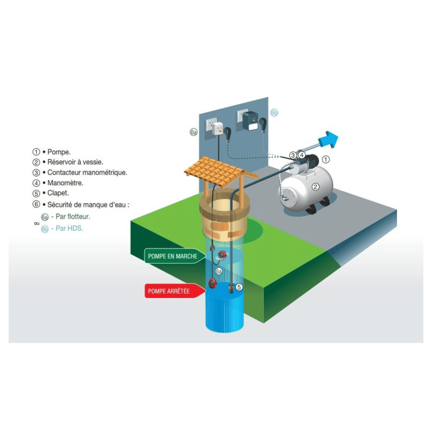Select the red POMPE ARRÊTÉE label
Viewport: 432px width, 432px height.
coord(175,291)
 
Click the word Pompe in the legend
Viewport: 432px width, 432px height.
coord(59,152)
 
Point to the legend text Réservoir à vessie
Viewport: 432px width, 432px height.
coord(75,162)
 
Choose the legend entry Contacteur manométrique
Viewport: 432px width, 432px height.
coord(87,172)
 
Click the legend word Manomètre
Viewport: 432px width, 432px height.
coord(65,183)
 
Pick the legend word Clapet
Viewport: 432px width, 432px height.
coord(58,193)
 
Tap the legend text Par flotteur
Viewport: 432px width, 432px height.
coord(73,216)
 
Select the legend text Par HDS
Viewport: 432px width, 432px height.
coord(69,229)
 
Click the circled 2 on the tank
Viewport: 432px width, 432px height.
coord(315,187)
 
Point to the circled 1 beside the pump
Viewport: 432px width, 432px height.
coord(326,159)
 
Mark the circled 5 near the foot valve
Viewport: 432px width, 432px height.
coord(239,287)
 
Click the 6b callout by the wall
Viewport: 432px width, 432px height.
coord(274,113)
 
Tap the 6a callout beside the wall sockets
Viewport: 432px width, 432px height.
coord(194,132)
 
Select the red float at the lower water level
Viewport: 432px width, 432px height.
coord(213,283)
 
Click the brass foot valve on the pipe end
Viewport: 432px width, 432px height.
coord(231,289)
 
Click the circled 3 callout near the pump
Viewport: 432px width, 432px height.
coord(293,156)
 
